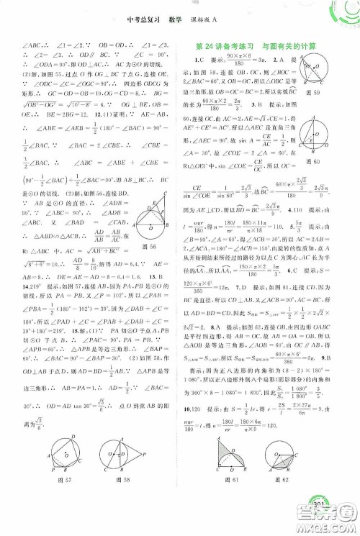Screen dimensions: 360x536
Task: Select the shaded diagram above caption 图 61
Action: click(225, 463)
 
